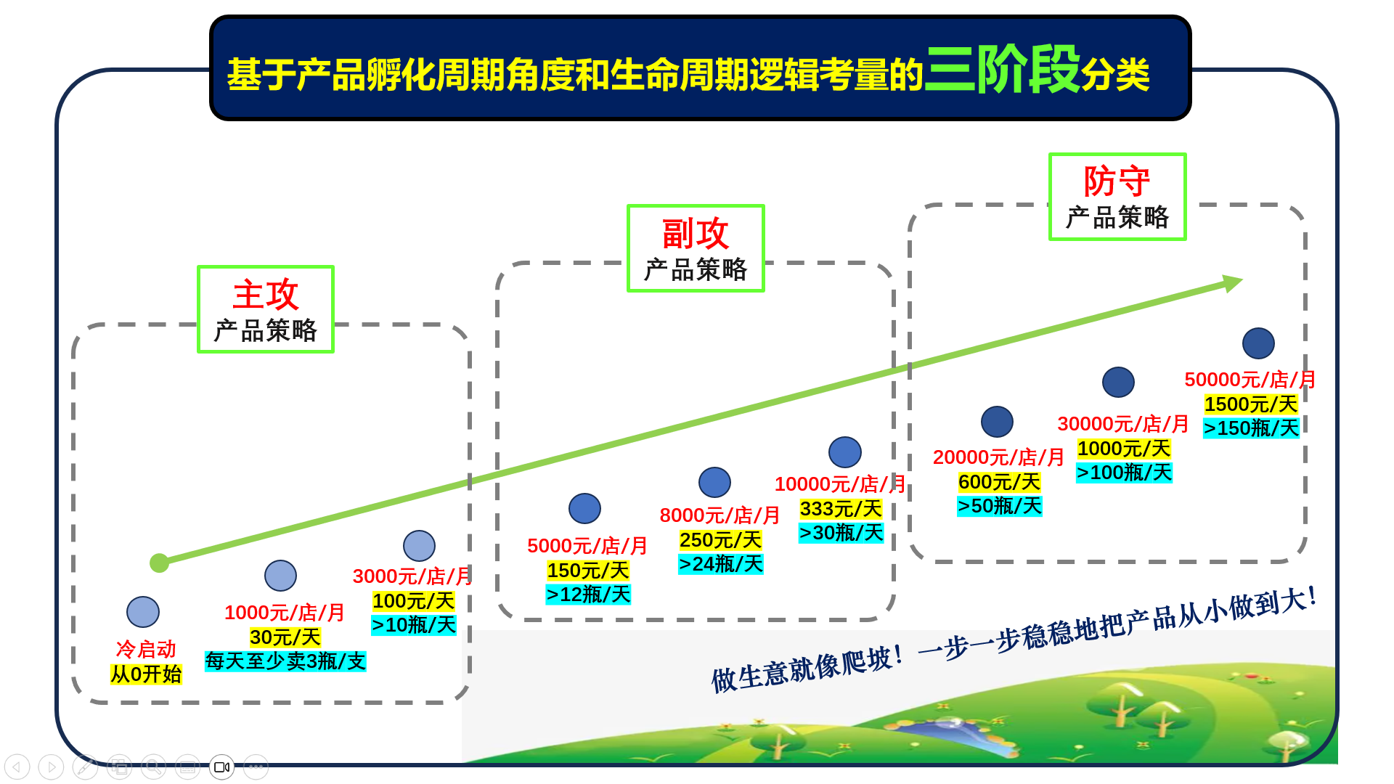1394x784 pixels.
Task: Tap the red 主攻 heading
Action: [266, 294]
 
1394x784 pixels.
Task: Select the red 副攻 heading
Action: [695, 233]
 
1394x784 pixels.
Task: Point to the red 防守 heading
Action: [1117, 181]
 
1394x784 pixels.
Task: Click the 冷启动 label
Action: [146, 649]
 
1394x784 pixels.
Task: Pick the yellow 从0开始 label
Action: [146, 674]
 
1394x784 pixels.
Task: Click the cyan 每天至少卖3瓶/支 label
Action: [285, 661]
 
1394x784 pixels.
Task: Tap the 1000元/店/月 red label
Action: [284, 613]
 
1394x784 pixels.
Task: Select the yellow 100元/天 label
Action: [413, 601]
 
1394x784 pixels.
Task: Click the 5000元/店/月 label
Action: [587, 546]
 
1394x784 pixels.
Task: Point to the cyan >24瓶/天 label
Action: [720, 564]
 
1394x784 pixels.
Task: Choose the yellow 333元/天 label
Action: [841, 509]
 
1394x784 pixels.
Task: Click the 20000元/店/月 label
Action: [998, 457]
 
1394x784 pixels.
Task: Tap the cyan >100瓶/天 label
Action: [1124, 473]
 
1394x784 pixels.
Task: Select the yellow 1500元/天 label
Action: [1251, 404]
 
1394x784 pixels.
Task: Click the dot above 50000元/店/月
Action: [1258, 343]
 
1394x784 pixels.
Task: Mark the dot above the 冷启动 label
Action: [143, 612]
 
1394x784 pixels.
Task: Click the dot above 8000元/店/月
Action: [714, 483]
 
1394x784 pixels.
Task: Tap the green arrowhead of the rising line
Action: [1234, 282]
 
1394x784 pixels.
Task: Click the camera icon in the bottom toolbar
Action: [221, 767]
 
